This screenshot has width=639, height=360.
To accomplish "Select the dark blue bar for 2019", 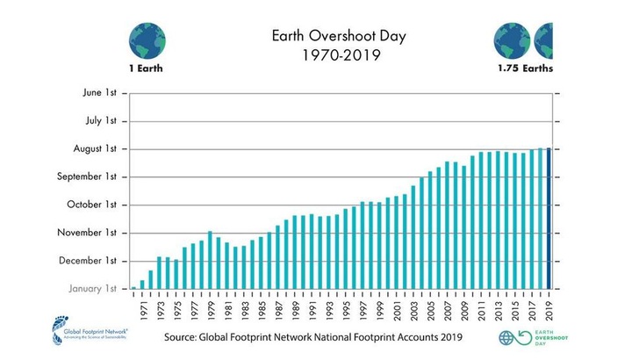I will [549, 218].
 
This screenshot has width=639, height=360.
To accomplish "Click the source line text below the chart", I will [312, 337].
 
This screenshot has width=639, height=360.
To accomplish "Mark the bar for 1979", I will [210, 260].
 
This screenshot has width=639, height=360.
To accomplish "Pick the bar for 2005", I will [430, 230].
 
